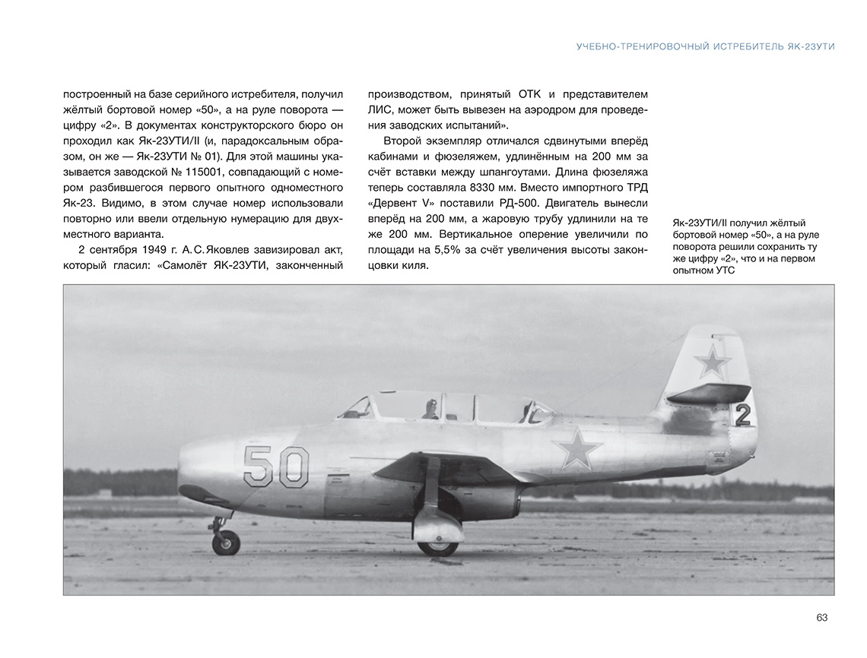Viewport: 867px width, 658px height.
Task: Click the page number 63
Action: (821, 618)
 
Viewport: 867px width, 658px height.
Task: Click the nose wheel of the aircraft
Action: (226, 542)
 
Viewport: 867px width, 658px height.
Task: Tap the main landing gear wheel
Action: (438, 545)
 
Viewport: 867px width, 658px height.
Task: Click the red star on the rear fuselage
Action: (577, 448)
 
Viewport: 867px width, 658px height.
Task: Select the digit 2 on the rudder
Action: (743, 415)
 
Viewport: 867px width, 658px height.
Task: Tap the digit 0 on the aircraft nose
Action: (293, 467)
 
